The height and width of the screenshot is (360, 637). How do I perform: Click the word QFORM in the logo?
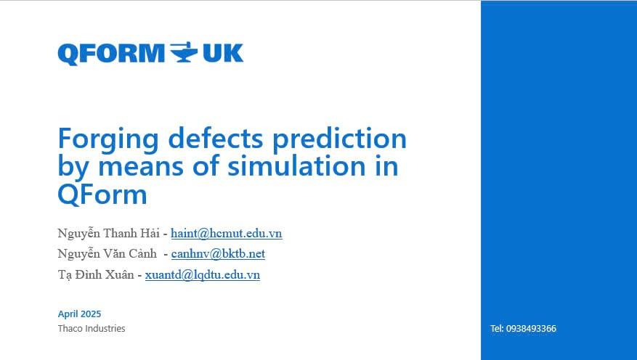(x=111, y=54)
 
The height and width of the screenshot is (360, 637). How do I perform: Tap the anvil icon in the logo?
(x=184, y=52)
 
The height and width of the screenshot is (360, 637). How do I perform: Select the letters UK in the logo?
(x=223, y=53)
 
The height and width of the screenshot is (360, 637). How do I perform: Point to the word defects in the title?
(x=216, y=138)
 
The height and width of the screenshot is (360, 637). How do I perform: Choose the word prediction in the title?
(x=339, y=140)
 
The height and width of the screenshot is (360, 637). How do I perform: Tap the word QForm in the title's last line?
(x=102, y=195)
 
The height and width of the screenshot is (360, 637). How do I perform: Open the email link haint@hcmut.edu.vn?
(x=227, y=234)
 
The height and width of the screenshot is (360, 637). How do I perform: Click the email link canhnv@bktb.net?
(x=218, y=253)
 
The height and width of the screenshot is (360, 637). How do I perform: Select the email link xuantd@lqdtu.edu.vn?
(x=203, y=275)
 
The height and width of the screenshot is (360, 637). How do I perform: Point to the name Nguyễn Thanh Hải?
(x=108, y=234)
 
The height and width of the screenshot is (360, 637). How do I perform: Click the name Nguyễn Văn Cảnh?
(x=107, y=253)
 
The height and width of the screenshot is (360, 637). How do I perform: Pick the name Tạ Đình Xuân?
(x=95, y=274)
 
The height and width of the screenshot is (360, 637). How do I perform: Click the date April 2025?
(x=79, y=314)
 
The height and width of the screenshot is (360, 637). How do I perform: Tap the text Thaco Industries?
(x=92, y=328)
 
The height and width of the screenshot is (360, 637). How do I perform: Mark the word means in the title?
(x=141, y=167)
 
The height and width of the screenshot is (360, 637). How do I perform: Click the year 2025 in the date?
(x=90, y=314)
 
